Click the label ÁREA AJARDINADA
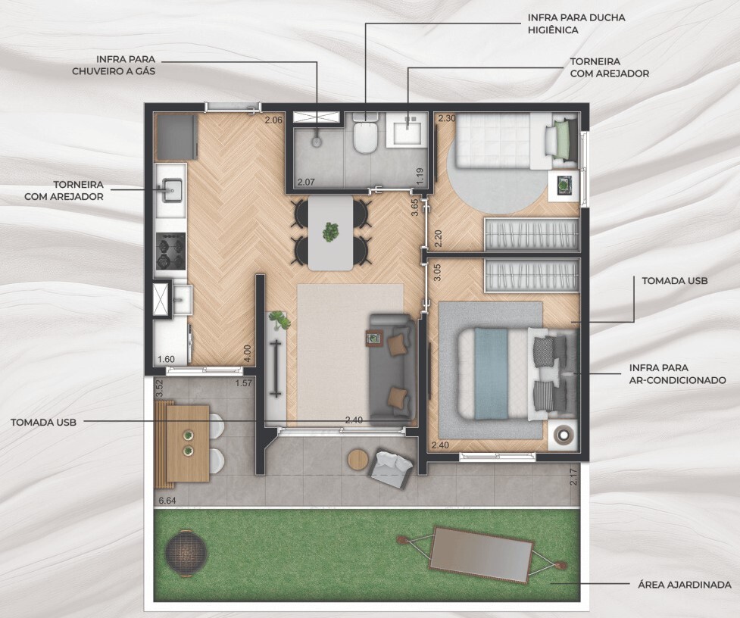[x=684, y=585]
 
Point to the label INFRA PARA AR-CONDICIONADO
[x=677, y=373]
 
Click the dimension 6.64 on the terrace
[x=167, y=501]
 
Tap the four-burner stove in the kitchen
[x=170, y=251]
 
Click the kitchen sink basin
[x=172, y=191]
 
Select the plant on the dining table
[x=330, y=232]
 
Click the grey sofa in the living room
[x=392, y=367]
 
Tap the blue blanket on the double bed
[x=492, y=373]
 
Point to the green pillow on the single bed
[x=563, y=139]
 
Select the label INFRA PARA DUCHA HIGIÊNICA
[x=576, y=23]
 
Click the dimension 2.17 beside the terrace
[x=573, y=476]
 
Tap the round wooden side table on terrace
[x=358, y=459]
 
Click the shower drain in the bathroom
[x=317, y=141]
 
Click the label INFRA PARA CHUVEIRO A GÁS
[x=114, y=65]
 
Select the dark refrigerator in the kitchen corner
[x=176, y=137]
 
